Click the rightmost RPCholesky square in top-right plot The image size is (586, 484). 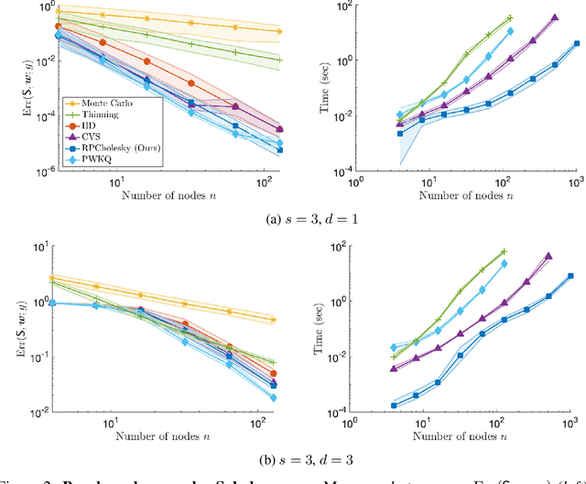[x=576, y=43]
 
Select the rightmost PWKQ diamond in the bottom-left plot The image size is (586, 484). [x=274, y=398]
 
